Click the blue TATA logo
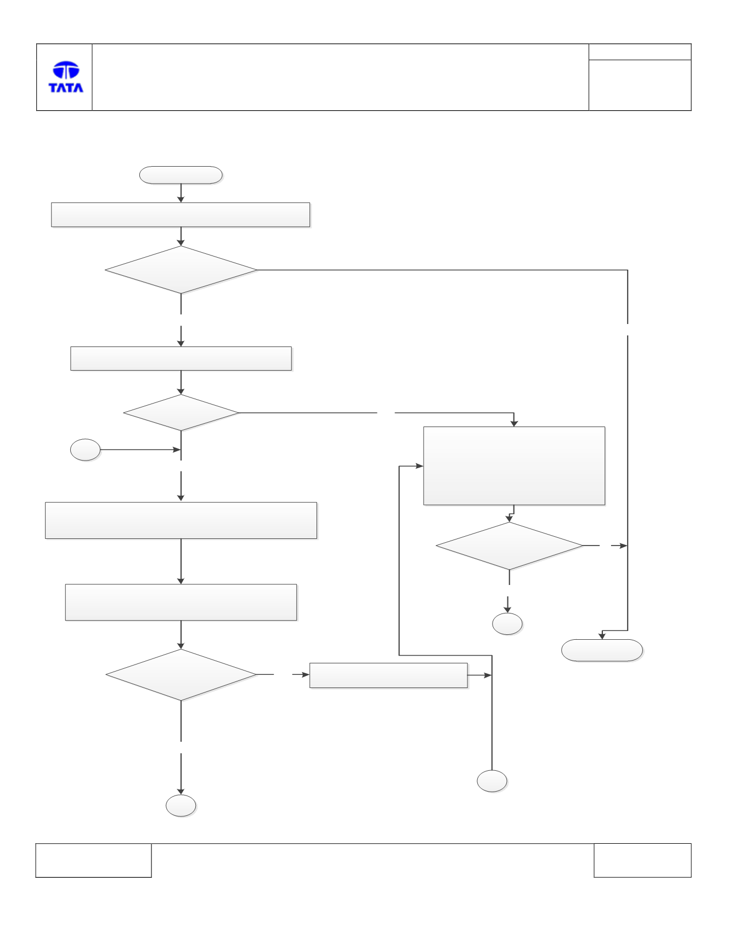[x=66, y=77]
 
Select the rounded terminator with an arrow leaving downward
[x=181, y=175]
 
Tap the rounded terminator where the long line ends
[x=602, y=650]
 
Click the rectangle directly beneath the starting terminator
[x=180, y=215]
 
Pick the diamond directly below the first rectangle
[x=181, y=270]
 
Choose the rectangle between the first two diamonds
[x=181, y=359]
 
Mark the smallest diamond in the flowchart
[x=181, y=412]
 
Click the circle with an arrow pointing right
[x=85, y=450]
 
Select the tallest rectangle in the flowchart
[x=514, y=466]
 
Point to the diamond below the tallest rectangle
[x=509, y=546]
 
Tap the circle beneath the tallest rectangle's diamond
[x=507, y=624]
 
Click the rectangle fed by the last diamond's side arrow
[x=388, y=675]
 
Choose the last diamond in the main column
[x=181, y=675]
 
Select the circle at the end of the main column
[x=181, y=805]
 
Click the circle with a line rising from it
[x=492, y=781]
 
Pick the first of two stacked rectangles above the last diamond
[x=181, y=520]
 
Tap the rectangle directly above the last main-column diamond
[x=181, y=602]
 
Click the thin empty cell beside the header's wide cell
[x=640, y=52]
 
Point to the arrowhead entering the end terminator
[x=602, y=636]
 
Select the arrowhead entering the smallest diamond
[x=181, y=391]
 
